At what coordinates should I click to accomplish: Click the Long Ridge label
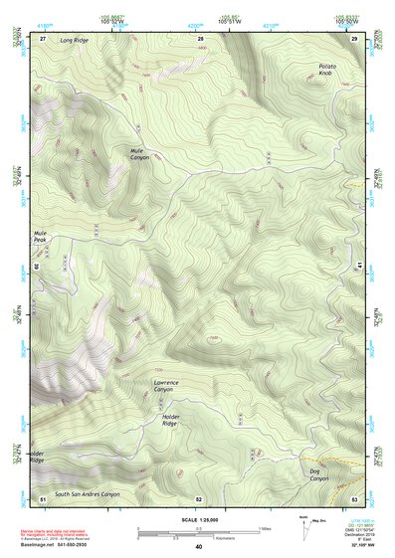74,41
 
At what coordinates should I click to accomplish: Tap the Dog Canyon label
318,474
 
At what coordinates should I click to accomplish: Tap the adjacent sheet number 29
355,37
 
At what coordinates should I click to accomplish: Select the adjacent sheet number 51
42,498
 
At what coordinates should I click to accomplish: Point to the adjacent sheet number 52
199,498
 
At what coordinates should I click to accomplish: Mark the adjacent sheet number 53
355,498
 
